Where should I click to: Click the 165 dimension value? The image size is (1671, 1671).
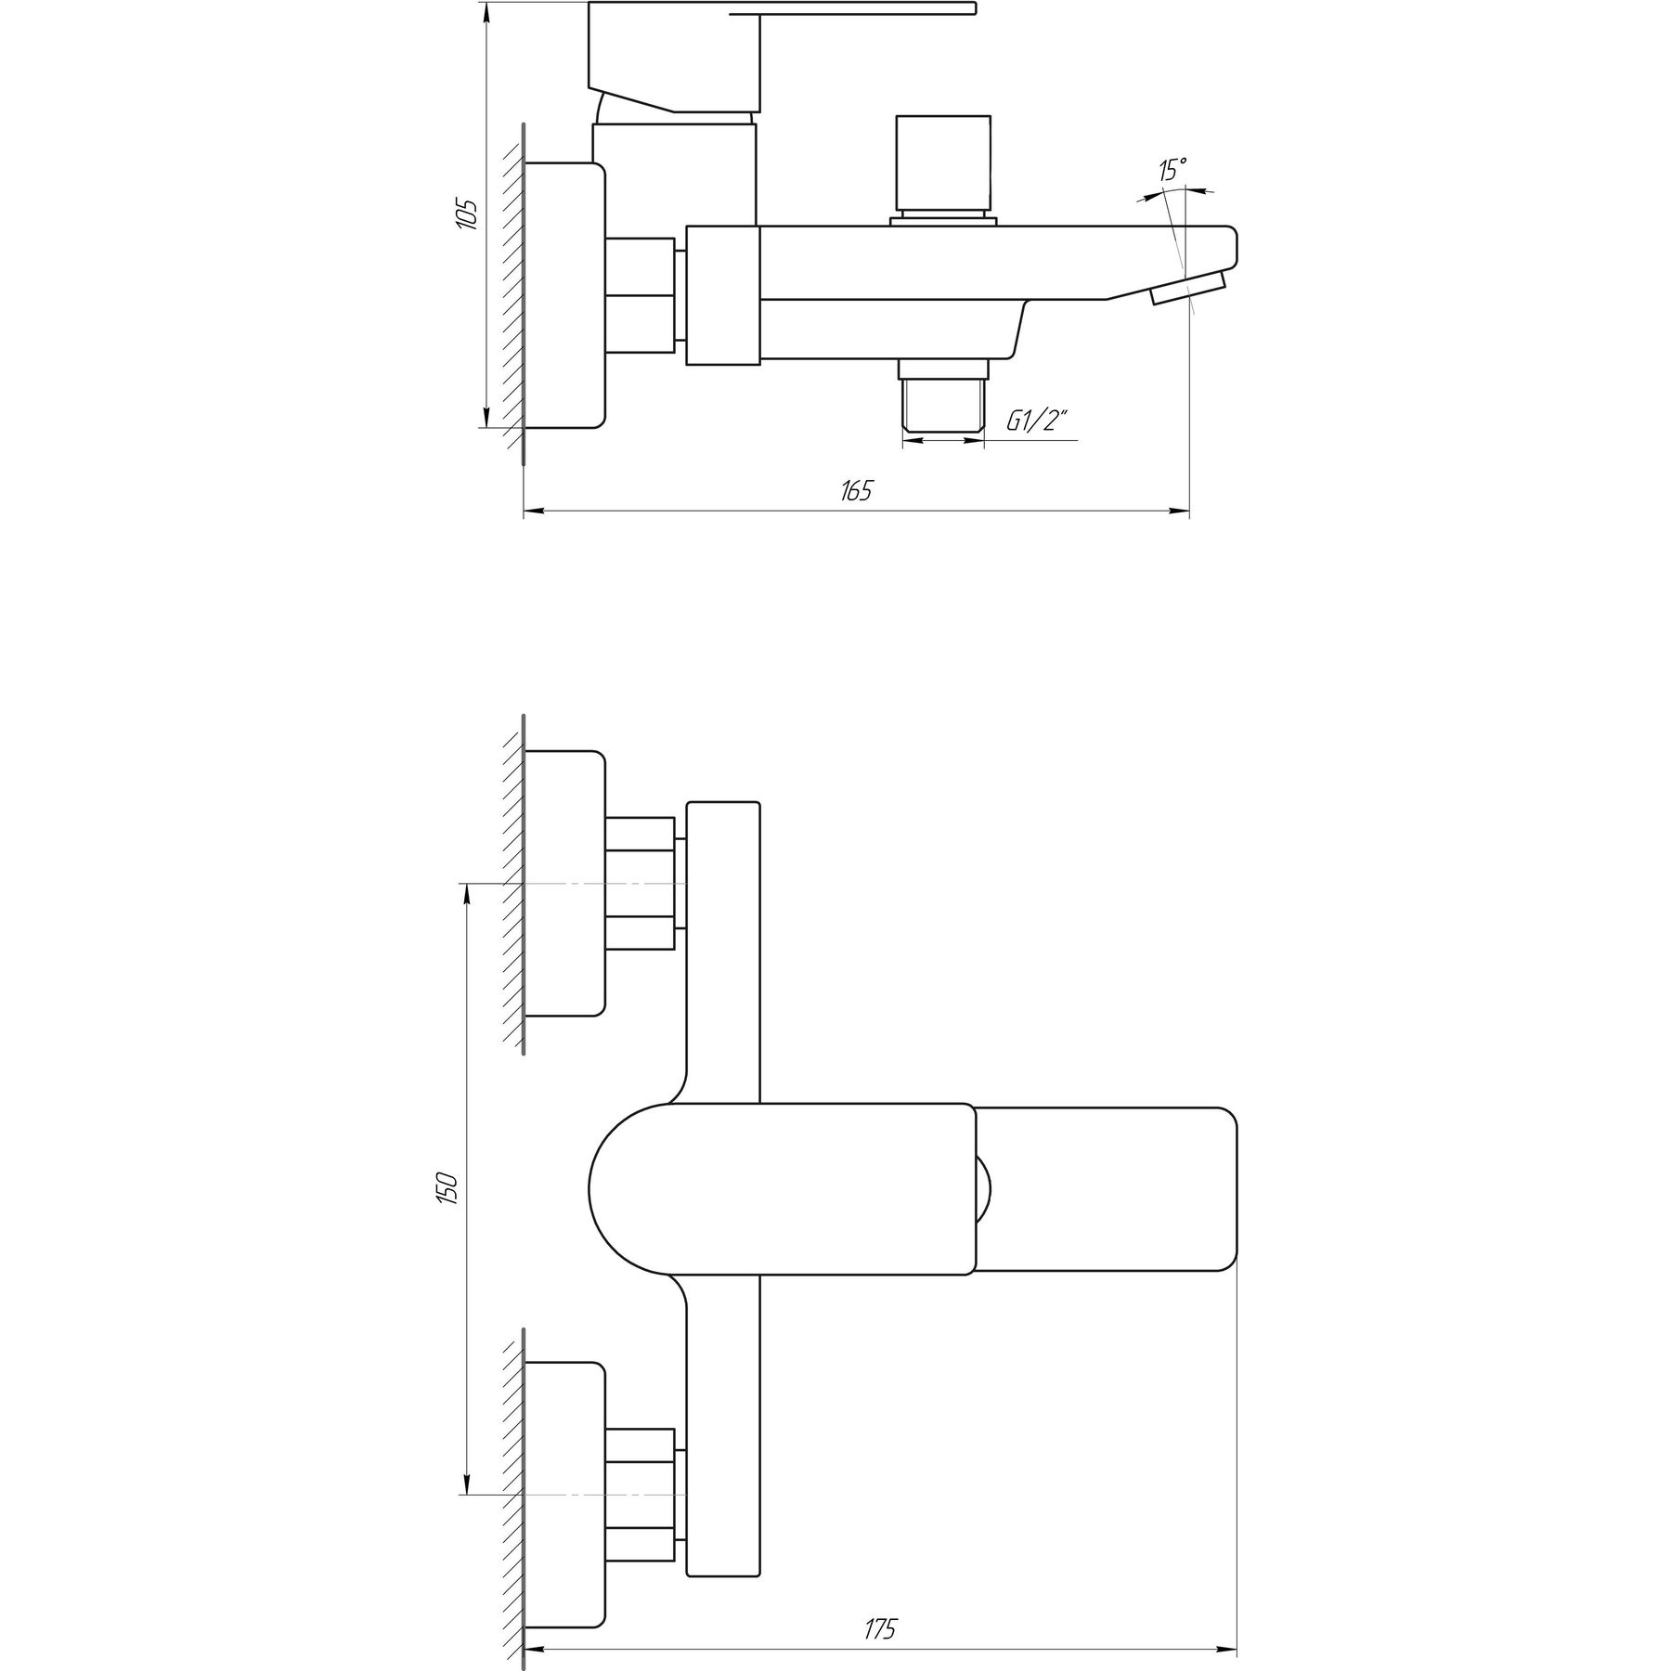tap(856, 491)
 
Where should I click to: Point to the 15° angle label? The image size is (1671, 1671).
tap(1172, 170)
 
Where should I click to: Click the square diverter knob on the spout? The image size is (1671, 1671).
tap(941, 164)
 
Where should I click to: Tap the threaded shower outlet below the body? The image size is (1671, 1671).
tap(942, 396)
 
